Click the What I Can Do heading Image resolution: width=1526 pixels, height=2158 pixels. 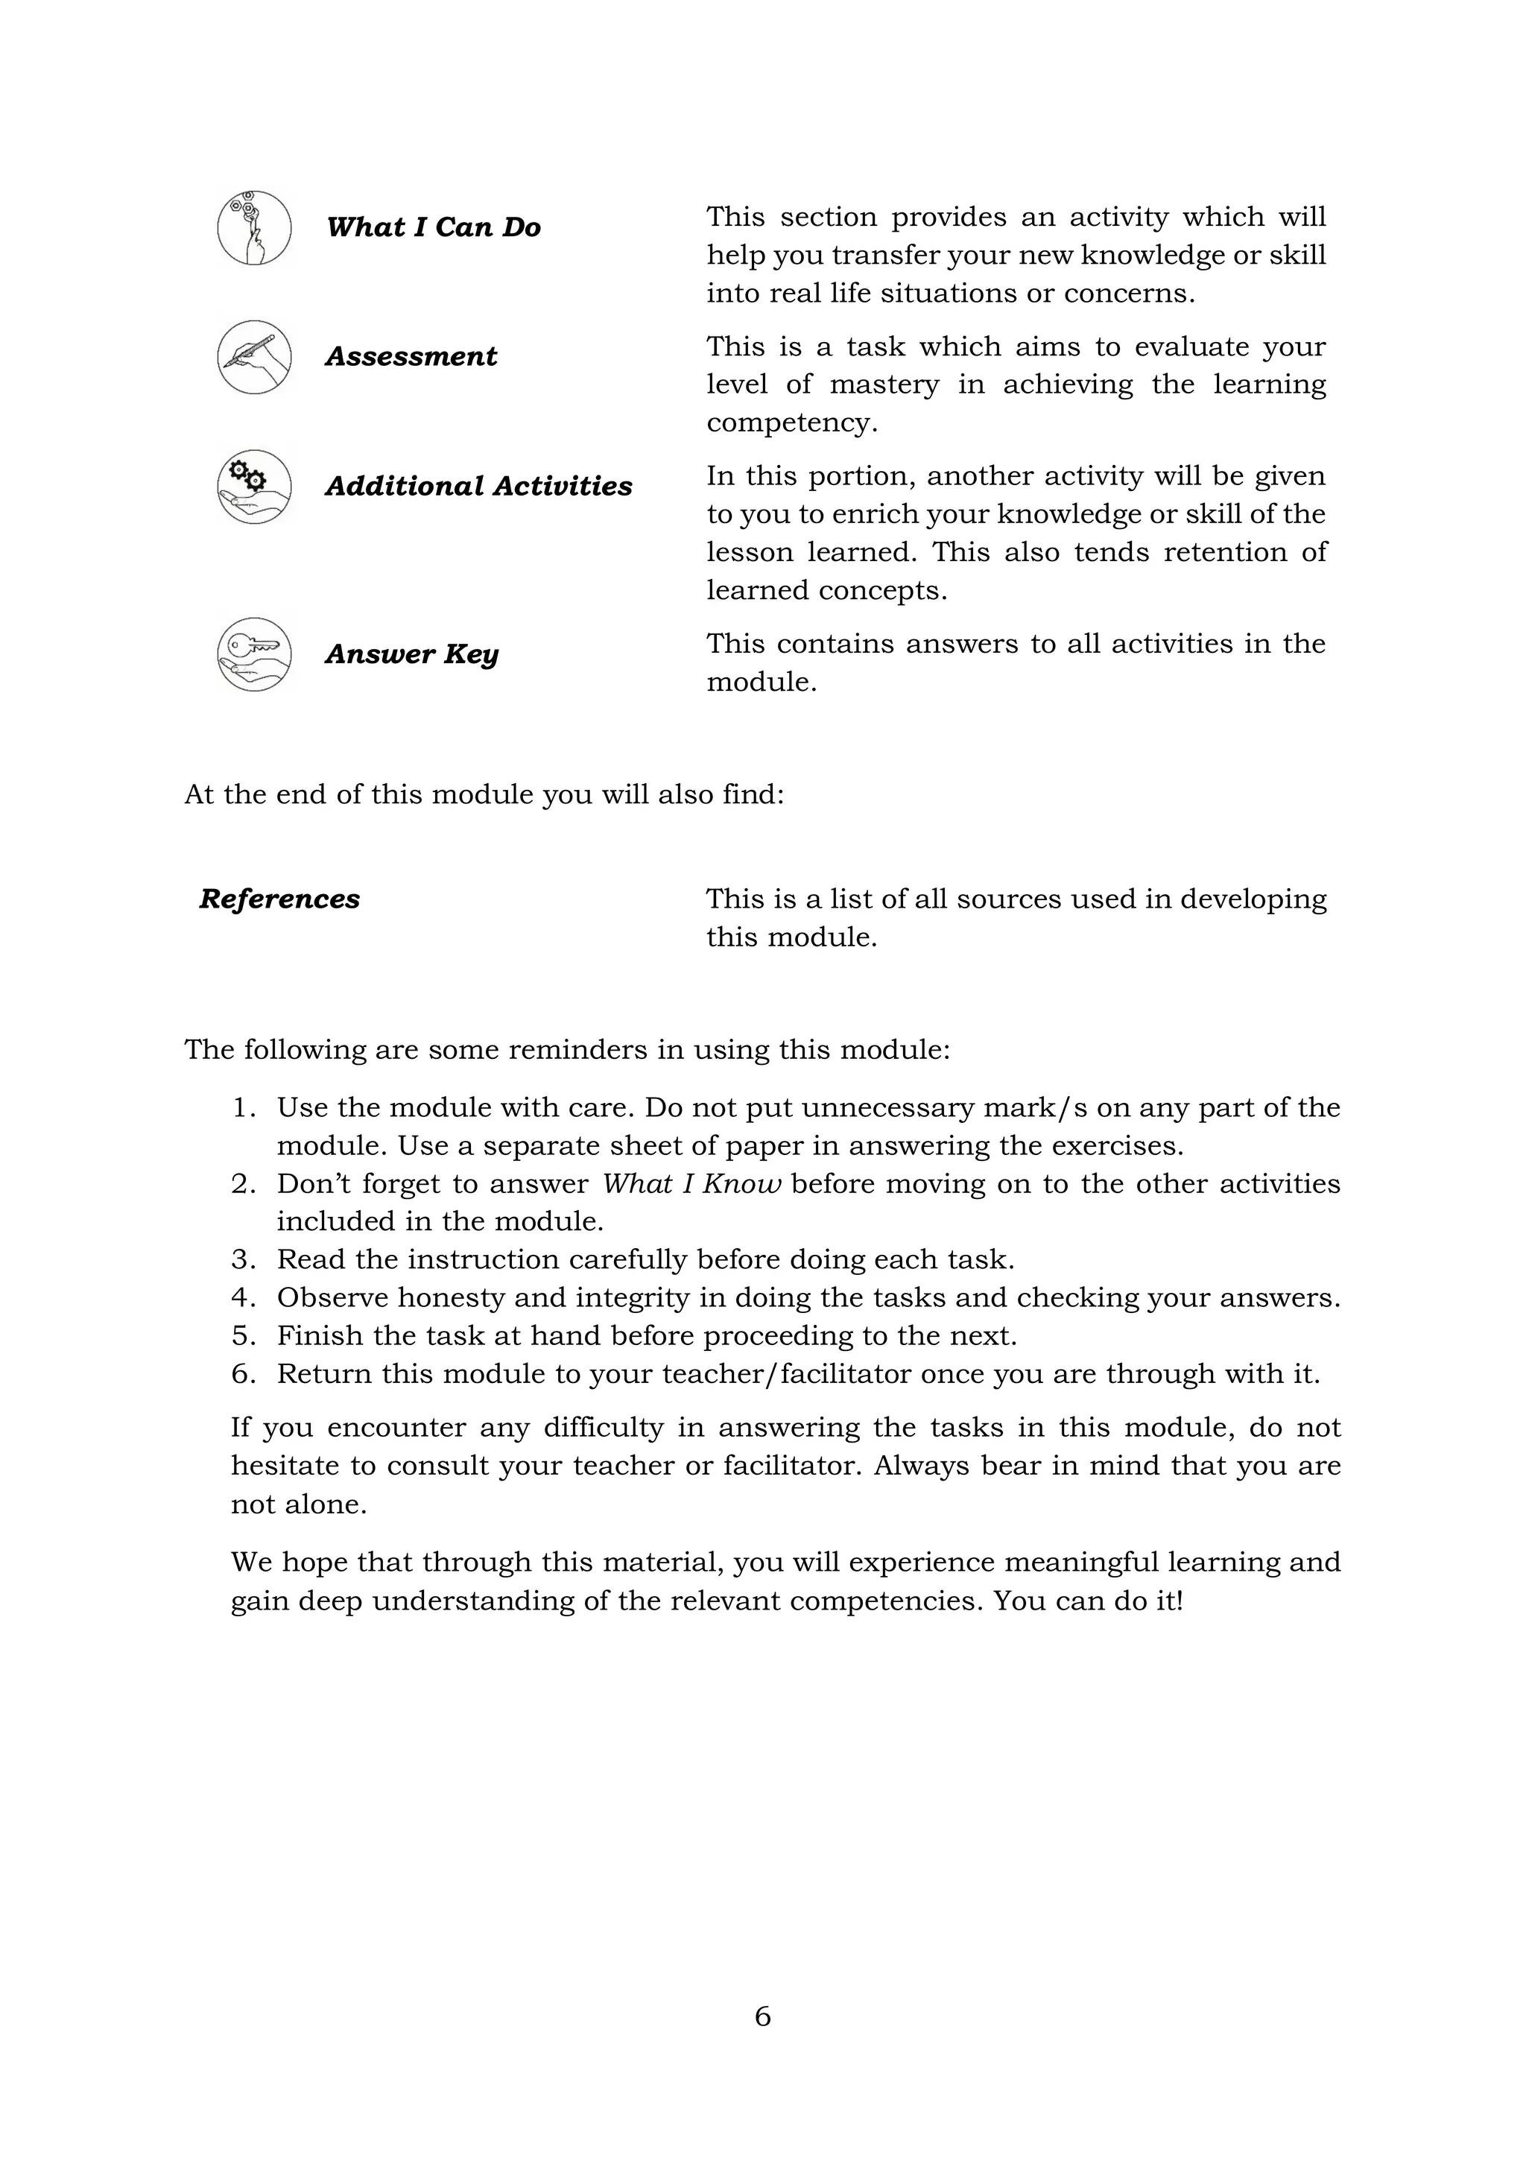pyautogui.click(x=433, y=227)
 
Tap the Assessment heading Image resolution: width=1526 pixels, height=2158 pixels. pyautogui.click(x=411, y=357)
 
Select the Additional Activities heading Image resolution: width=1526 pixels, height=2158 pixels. pyautogui.click(x=478, y=487)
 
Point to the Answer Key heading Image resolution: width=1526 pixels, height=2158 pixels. pyautogui.click(x=411, y=654)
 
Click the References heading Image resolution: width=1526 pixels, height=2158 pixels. pyautogui.click(x=279, y=899)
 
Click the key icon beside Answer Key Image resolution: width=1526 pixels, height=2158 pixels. pyautogui.click(x=253, y=654)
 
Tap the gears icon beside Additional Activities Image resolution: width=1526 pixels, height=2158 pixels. pyautogui.click(x=253, y=487)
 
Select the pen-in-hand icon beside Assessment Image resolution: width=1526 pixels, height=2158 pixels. pyautogui.click(x=253, y=357)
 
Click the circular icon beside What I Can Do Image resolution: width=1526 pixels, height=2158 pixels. pyautogui.click(x=253, y=227)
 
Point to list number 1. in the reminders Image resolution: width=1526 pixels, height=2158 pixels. pyautogui.click(x=244, y=1108)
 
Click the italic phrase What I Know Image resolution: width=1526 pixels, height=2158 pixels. pyautogui.click(x=691, y=1184)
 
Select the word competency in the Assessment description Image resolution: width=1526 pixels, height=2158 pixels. pyautogui.click(x=791, y=424)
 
